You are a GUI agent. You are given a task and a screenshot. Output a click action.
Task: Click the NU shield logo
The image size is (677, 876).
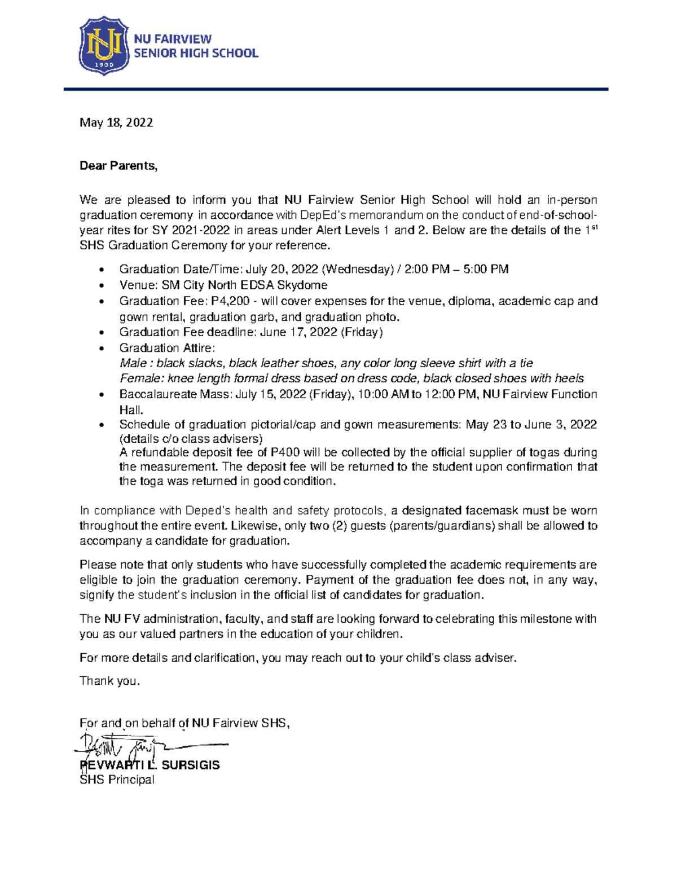(x=104, y=46)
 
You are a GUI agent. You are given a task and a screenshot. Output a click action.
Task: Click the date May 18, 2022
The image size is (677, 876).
(x=116, y=122)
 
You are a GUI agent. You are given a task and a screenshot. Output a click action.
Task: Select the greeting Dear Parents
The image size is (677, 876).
(x=118, y=166)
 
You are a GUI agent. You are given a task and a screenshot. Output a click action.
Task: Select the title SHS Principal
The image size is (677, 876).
(x=117, y=780)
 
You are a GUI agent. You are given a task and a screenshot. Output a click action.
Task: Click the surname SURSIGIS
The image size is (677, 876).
(x=191, y=765)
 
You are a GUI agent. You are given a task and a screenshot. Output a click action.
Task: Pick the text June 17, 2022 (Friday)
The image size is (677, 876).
(x=321, y=332)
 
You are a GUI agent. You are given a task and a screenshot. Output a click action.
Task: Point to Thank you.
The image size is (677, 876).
(x=109, y=681)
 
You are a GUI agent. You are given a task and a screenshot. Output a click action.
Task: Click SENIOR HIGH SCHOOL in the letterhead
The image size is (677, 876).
(x=196, y=54)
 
